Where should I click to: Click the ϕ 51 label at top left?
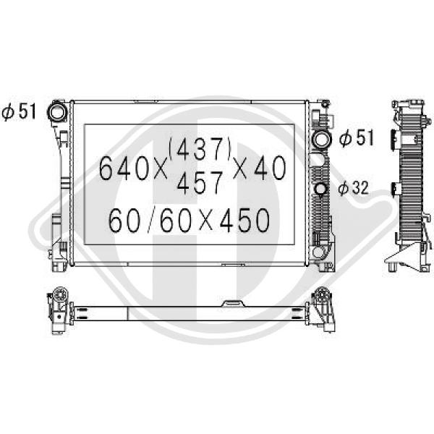(19, 112)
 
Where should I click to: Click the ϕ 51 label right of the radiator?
(357, 137)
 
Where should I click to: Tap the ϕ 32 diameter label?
(354, 188)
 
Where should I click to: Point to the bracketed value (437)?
(200, 150)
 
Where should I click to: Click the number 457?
(200, 183)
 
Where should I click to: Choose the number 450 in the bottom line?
(244, 221)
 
